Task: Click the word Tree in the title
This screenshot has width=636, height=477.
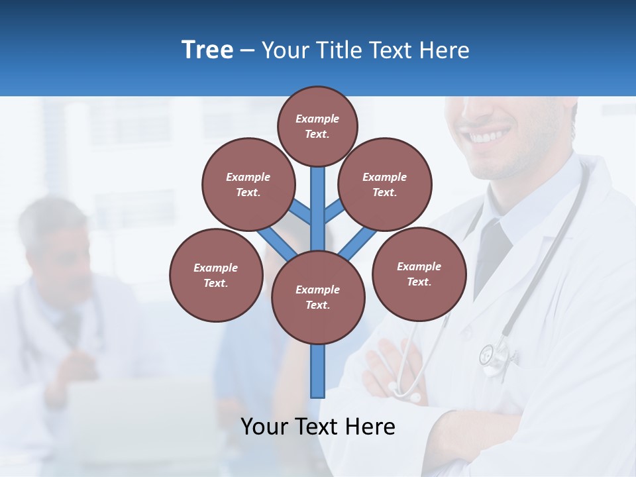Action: click(207, 50)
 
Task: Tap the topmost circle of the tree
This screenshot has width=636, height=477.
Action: click(317, 126)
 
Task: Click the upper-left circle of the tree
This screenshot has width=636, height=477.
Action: click(248, 184)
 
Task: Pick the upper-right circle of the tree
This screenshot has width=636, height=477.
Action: click(384, 184)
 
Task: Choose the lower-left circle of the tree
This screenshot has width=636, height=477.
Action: click(215, 275)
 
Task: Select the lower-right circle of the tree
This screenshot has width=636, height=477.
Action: click(419, 274)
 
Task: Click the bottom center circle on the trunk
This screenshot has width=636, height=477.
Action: click(317, 297)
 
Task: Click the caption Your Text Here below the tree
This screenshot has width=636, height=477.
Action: click(317, 426)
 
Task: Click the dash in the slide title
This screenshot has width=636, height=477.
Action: click(247, 50)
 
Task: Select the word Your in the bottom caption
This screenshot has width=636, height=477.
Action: click(264, 426)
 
